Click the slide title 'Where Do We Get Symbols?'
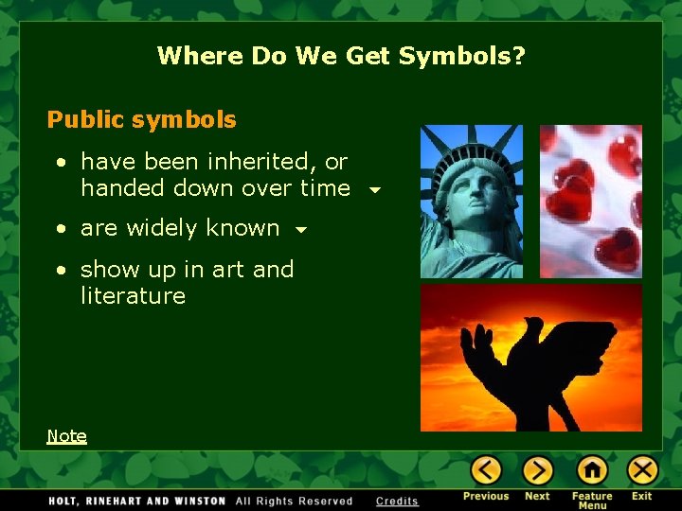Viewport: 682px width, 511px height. pyautogui.click(x=341, y=56)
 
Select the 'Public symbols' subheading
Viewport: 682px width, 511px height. pyautogui.click(x=142, y=120)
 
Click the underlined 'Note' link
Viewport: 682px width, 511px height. pyautogui.click(x=66, y=436)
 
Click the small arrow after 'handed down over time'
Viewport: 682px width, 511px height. pyautogui.click(x=375, y=190)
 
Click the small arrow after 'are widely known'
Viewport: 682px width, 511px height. pyautogui.click(x=301, y=230)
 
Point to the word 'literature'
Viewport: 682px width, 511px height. pyautogui.click(x=133, y=296)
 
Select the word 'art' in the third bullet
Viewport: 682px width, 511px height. pyautogui.click(x=227, y=270)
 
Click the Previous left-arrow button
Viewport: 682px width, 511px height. pyautogui.click(x=486, y=470)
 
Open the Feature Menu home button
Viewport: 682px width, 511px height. pyautogui.click(x=592, y=470)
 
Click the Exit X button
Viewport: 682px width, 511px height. pyautogui.click(x=642, y=470)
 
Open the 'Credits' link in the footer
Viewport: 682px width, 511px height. pyautogui.click(x=397, y=501)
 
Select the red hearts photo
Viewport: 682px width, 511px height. pyautogui.click(x=591, y=201)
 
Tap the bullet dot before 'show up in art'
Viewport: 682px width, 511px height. pyautogui.click(x=61, y=271)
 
